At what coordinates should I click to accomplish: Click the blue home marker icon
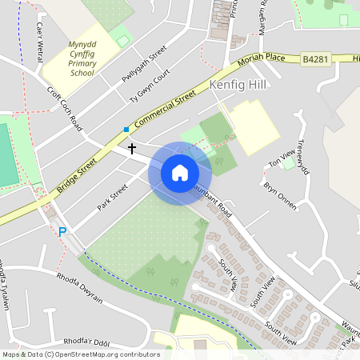click(x=180, y=173)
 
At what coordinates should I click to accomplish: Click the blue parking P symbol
click(x=62, y=232)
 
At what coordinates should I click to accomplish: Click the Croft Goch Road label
click(x=65, y=109)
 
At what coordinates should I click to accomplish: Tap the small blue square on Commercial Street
click(x=126, y=129)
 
